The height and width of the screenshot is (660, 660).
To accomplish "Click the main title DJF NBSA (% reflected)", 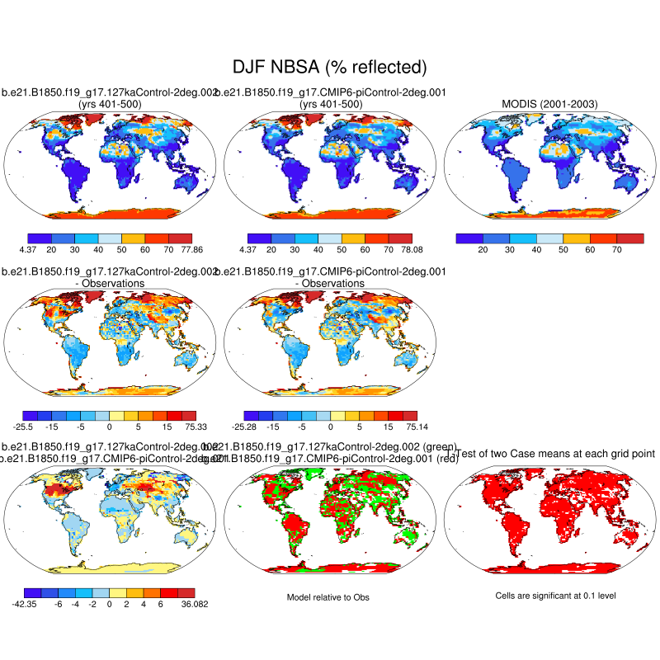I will coord(330,67).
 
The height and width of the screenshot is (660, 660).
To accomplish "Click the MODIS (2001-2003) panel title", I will coord(550,104).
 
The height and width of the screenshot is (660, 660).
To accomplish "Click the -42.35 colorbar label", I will coord(23,605).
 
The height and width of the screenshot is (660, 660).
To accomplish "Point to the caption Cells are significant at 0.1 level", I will coord(549,596).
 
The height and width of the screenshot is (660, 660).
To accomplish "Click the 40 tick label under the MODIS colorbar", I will coord(538,248).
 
